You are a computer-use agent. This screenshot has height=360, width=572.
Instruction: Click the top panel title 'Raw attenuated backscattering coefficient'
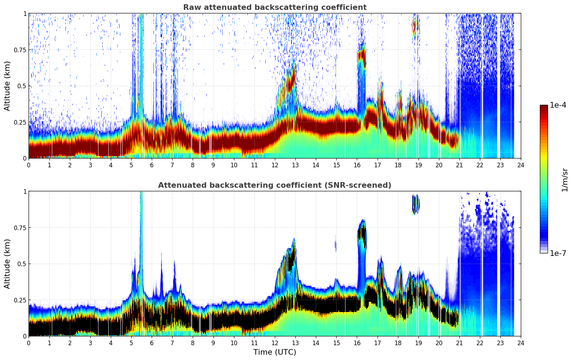(x=275, y=7)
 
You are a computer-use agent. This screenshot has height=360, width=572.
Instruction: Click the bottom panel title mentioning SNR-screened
(x=275, y=185)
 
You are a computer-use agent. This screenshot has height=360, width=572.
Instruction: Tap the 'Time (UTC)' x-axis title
(x=275, y=352)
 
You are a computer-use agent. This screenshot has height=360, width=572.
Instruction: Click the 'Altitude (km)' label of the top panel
(x=7, y=86)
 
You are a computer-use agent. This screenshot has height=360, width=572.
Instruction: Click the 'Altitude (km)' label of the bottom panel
(x=7, y=264)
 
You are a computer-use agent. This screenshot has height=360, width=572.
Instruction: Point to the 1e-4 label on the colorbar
(x=558, y=106)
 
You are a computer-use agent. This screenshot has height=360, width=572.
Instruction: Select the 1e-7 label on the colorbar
(x=558, y=253)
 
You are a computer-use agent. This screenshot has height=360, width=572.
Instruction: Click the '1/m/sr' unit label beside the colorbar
(x=565, y=180)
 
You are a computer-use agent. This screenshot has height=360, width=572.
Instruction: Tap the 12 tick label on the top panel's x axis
(x=275, y=165)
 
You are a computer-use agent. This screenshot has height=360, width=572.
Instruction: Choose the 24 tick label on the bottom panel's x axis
(x=520, y=343)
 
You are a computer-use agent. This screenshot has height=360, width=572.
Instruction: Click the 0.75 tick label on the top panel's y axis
(x=20, y=50)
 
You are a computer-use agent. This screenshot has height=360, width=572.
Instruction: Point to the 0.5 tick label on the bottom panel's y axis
(x=22, y=264)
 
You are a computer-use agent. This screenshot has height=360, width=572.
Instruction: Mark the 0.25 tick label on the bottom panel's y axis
(x=20, y=300)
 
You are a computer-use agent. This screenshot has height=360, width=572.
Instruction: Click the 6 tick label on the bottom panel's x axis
(x=152, y=343)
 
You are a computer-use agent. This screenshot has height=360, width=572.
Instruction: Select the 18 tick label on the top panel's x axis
(x=398, y=165)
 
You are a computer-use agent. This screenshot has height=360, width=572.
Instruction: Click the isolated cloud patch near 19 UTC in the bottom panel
(x=416, y=204)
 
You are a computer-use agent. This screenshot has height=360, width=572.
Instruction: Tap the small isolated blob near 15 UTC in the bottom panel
(x=336, y=244)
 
